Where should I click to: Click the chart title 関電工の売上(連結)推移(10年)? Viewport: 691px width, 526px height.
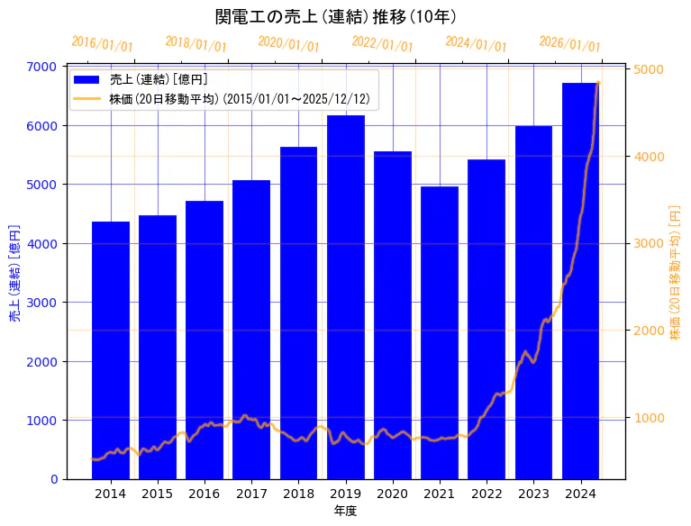coord(335,17)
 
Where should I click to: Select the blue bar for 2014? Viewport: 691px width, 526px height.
coord(111,351)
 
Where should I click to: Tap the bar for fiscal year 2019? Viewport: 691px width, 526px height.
coord(346,297)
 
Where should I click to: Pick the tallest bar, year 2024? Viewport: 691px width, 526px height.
coord(581,279)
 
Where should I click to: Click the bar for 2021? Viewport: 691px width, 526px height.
coord(440,333)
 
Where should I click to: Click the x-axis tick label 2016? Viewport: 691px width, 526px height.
coord(205,494)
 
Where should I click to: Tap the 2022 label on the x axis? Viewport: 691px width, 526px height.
coord(486,494)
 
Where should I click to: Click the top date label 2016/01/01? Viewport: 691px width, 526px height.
coord(102,44)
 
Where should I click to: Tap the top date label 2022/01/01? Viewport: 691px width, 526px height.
coord(383,44)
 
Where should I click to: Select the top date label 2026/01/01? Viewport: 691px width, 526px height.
coord(570,44)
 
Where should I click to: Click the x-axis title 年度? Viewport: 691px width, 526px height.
coord(346,511)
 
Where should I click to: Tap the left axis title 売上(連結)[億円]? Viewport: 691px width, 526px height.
coord(14,272)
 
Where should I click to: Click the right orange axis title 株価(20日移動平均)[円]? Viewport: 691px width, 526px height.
coord(676,272)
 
